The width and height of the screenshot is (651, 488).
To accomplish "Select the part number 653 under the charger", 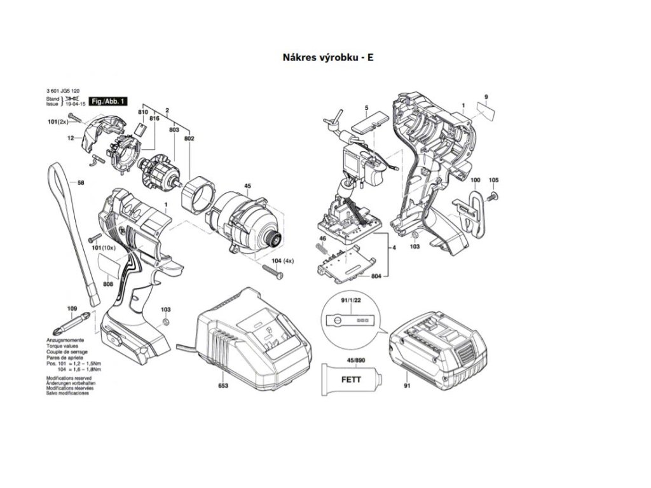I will click(x=223, y=386).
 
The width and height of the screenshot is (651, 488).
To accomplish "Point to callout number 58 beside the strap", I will click(x=81, y=183).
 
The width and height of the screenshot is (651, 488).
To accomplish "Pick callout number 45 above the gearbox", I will click(x=247, y=186).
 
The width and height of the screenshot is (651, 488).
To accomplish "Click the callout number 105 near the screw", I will click(x=494, y=180).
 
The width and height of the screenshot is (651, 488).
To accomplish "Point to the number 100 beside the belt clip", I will click(x=475, y=180).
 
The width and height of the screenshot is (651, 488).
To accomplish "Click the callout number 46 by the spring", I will click(x=322, y=238).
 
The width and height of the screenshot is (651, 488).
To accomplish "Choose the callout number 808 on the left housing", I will click(x=108, y=283).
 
